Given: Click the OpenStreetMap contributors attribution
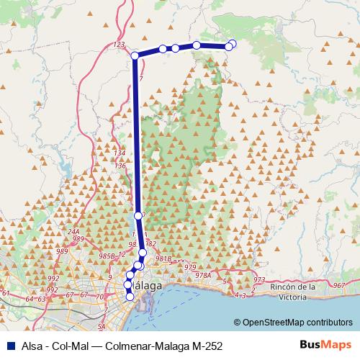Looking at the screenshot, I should [x=297, y=323].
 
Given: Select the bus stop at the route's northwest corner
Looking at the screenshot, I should [x=135, y=55].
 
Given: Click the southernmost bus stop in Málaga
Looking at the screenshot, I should [x=130, y=296].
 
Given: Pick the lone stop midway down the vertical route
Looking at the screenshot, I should [x=138, y=215].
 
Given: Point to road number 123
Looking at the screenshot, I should [x=120, y=45].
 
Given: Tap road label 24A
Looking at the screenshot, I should [x=73, y=231].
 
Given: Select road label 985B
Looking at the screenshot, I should [x=107, y=255].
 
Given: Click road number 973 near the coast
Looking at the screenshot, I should [x=260, y=279].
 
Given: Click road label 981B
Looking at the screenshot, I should [x=163, y=258].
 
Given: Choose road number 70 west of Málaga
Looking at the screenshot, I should [x=100, y=296].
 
